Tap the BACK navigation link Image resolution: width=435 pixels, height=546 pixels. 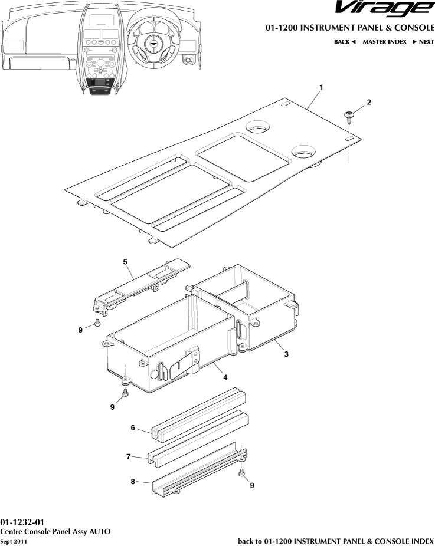345,42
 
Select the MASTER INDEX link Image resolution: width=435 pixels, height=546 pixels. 384,42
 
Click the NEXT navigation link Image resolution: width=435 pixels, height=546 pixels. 423,42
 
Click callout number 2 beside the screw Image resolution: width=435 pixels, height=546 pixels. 369,102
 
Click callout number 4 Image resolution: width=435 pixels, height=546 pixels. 225,379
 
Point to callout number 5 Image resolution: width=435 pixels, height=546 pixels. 125,260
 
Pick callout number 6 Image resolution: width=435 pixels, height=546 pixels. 133,428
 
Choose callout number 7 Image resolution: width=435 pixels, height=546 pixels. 129,456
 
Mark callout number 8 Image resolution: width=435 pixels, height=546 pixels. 133,482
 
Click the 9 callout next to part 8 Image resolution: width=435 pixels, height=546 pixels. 252,486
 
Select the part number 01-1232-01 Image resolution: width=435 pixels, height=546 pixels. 22,522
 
